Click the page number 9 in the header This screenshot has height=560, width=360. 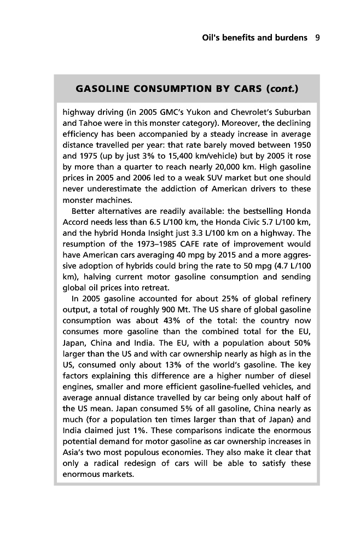click(x=317, y=38)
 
